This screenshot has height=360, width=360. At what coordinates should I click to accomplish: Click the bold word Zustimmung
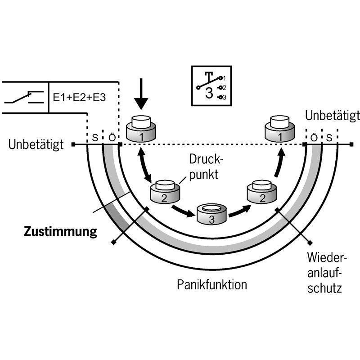click(60, 232)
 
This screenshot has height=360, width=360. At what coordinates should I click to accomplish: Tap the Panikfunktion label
click(212, 285)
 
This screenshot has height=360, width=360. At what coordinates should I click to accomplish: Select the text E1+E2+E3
click(79, 97)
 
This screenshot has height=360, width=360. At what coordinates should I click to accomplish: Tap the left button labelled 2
click(164, 192)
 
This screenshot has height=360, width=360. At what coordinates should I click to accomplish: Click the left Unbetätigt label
click(39, 145)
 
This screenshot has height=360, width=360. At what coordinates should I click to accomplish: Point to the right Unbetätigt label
click(332, 116)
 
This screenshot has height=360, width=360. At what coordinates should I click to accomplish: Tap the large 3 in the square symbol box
click(208, 94)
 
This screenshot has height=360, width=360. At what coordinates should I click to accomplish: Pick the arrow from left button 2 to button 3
click(184, 210)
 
